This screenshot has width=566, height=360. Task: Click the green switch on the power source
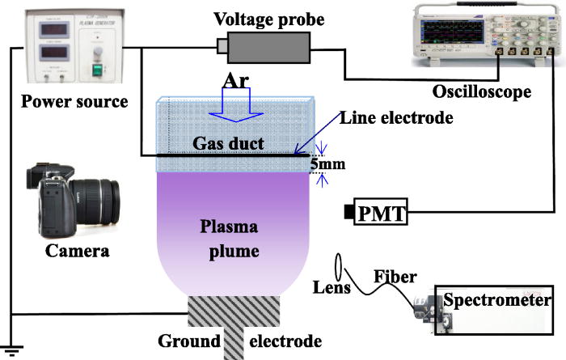[x=99, y=70]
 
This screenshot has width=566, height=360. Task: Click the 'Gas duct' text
[x=227, y=142]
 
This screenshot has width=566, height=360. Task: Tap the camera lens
[x=105, y=199]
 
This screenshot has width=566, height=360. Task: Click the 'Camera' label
[x=77, y=252]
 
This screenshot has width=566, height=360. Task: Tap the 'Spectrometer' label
[x=496, y=301]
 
